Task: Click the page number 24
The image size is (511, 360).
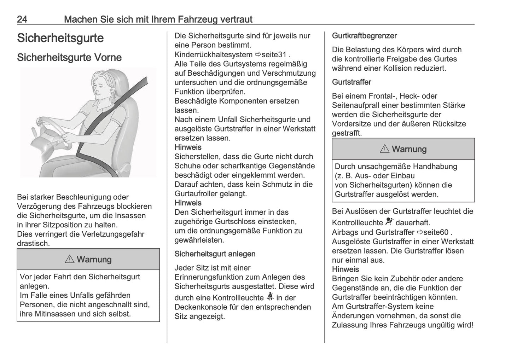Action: (x=22, y=19)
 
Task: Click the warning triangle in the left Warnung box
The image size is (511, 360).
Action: (x=70, y=259)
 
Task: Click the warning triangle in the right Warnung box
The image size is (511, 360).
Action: (x=385, y=149)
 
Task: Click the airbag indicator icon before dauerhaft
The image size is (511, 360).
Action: (x=389, y=222)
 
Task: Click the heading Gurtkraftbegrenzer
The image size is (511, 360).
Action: (x=364, y=36)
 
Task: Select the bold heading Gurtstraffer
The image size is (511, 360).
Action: (x=352, y=82)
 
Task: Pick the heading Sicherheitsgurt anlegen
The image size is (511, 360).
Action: (x=215, y=254)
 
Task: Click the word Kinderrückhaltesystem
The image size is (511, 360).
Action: (x=213, y=55)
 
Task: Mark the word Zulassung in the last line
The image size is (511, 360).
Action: (x=349, y=325)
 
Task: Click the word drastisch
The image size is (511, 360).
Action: (x=33, y=243)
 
